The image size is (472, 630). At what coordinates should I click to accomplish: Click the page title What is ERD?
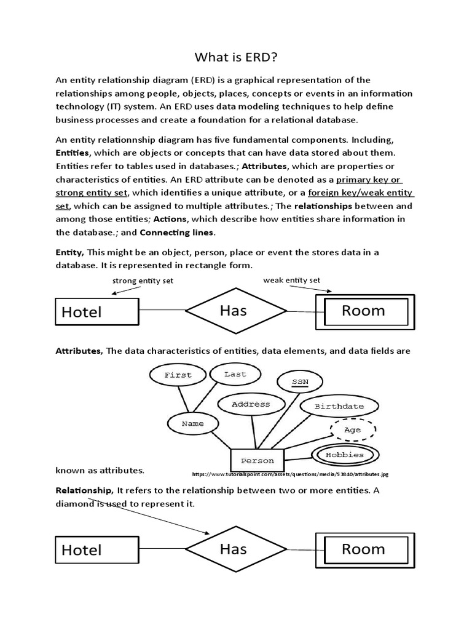(235, 58)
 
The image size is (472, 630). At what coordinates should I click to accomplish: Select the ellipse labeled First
(178, 375)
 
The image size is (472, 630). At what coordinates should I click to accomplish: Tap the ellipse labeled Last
(235, 373)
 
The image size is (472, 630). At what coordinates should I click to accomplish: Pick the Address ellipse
(251, 404)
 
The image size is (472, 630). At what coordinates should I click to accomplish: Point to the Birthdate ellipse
(339, 406)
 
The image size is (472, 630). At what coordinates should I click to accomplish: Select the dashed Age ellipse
(353, 429)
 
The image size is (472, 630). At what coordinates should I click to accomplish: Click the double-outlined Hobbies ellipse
(345, 455)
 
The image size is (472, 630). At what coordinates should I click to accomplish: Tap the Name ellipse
(193, 423)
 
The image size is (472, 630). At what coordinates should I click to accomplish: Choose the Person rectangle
(258, 460)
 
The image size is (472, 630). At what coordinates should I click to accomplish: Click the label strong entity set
(143, 281)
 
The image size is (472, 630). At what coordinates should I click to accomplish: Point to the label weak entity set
(292, 280)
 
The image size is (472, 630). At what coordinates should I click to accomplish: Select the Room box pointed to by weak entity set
(363, 311)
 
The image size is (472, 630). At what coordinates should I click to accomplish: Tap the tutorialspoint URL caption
(290, 474)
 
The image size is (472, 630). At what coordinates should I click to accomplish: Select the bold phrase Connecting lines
(177, 232)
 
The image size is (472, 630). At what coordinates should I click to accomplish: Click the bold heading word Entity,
(70, 252)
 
